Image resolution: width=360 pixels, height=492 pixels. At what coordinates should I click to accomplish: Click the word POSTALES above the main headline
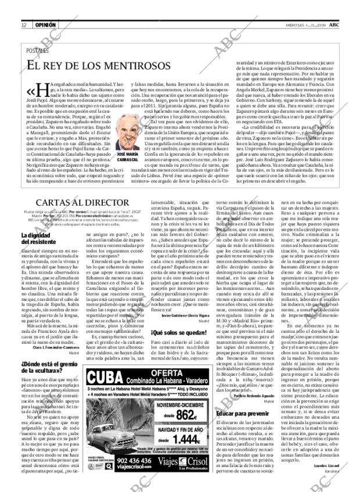(x=38, y=52)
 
